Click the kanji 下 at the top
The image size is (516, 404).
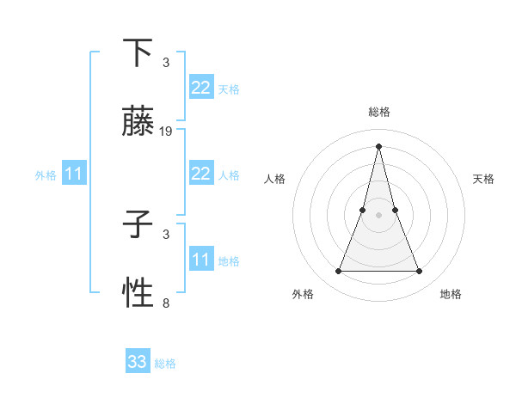(x=138, y=53)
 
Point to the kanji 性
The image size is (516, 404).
(x=138, y=294)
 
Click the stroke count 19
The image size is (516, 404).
(x=166, y=132)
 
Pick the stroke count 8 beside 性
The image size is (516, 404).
(x=166, y=303)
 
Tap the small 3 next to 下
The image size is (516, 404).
(x=166, y=63)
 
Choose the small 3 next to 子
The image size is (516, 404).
(x=166, y=234)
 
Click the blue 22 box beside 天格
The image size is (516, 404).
(x=200, y=88)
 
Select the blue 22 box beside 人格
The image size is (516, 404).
(x=200, y=174)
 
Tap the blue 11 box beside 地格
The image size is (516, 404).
(x=200, y=260)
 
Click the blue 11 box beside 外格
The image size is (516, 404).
(x=74, y=174)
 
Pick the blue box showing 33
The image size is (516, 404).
(x=138, y=362)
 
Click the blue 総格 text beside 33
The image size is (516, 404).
(x=165, y=364)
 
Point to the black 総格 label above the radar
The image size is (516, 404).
(x=378, y=112)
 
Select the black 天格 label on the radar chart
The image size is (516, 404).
(x=483, y=179)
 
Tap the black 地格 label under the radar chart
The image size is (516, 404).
(x=451, y=294)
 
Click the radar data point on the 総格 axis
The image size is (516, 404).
(x=378, y=145)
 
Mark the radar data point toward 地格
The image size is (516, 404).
(x=420, y=272)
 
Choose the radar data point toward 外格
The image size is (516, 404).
(x=338, y=272)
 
